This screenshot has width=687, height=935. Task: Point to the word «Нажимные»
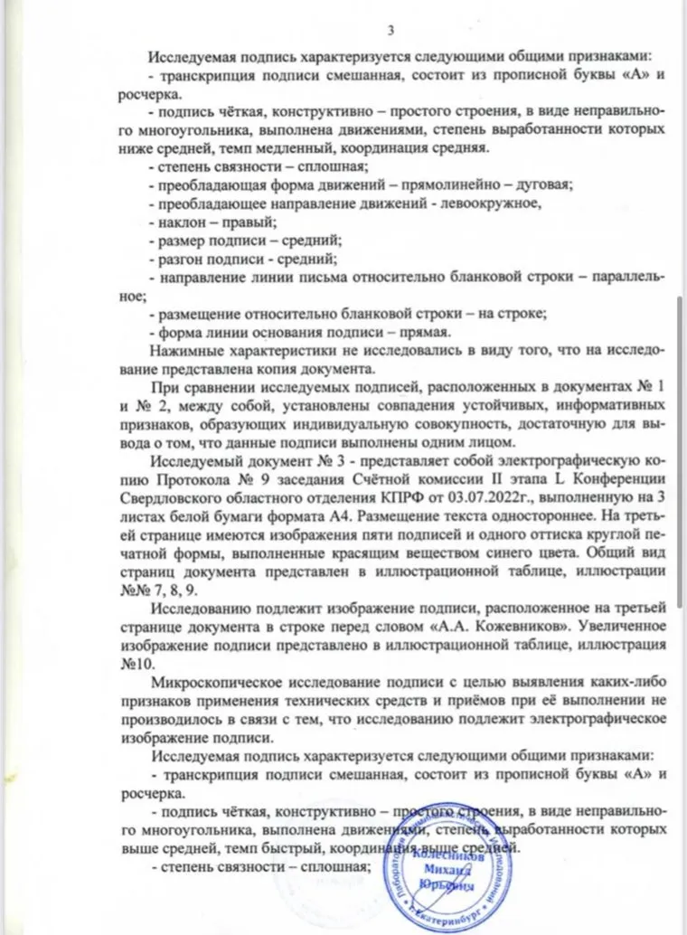click(x=191, y=351)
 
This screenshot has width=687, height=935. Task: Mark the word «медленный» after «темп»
click(x=365, y=148)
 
